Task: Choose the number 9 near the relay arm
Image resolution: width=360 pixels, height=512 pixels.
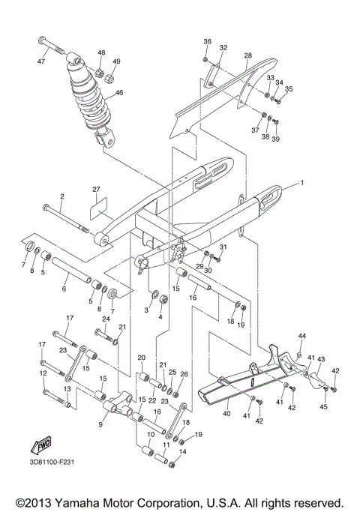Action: click(x=102, y=423)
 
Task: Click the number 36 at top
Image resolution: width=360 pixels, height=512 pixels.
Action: click(x=208, y=41)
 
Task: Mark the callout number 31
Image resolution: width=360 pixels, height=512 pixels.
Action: click(x=222, y=247)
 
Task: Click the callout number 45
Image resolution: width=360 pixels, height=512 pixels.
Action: click(x=324, y=407)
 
